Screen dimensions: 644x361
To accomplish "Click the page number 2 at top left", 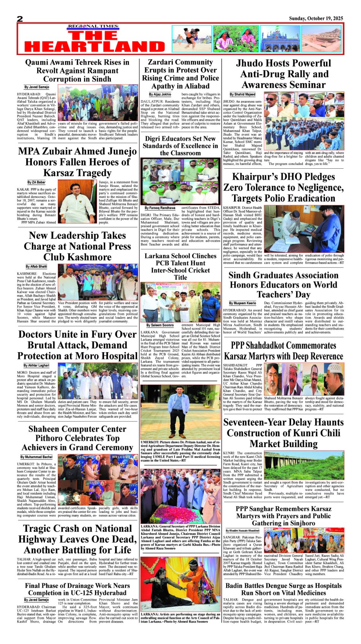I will click(20, 19).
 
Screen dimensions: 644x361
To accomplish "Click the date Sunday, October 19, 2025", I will click(316, 18).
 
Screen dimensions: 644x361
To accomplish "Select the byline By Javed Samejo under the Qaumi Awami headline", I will click(37, 87).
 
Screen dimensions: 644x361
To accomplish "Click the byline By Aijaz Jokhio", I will click(160, 94).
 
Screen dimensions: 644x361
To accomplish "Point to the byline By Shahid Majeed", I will click(242, 94).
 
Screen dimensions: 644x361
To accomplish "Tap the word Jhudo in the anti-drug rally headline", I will click(254, 63).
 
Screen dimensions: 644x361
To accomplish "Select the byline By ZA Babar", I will click(36, 182).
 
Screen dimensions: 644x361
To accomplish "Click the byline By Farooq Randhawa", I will click(160, 208).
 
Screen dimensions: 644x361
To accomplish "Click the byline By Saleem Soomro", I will click(160, 325).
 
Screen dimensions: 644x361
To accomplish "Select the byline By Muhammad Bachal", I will click(36, 457).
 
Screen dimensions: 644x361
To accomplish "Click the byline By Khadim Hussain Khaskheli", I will click(242, 530).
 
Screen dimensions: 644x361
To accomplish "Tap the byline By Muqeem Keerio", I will click(242, 303).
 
